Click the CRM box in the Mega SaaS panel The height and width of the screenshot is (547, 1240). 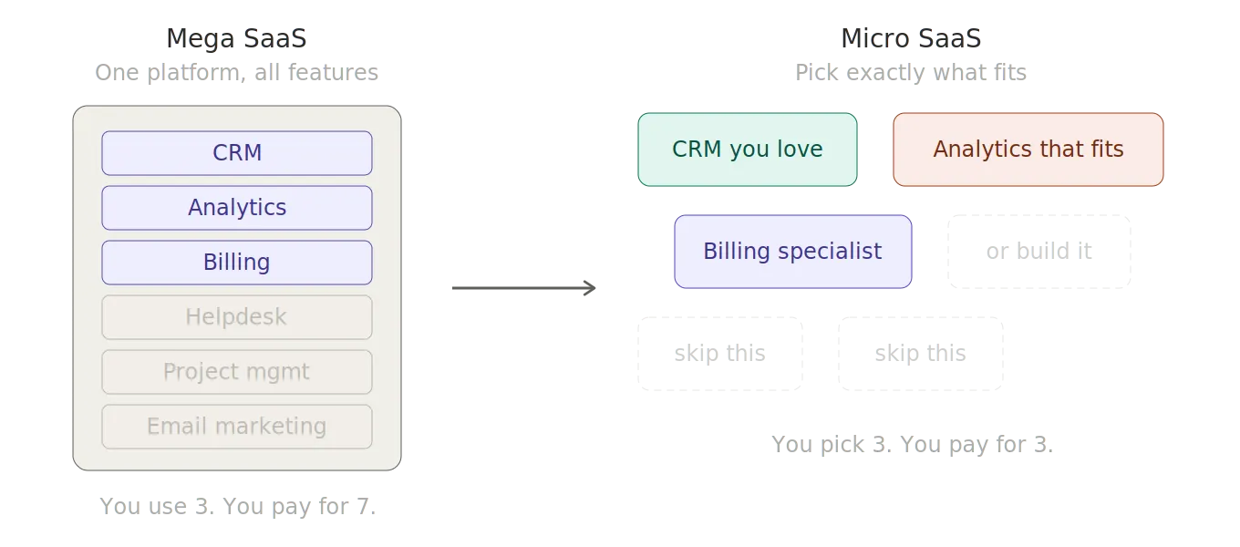[237, 153]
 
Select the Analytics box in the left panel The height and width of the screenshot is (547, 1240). [237, 208]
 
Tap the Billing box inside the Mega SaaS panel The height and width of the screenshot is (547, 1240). [237, 263]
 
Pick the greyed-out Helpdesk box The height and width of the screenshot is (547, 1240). [237, 317]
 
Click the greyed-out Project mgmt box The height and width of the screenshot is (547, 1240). [237, 372]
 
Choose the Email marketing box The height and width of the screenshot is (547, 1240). [237, 427]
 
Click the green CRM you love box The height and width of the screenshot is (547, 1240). [748, 150]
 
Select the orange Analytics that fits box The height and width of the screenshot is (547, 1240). [1028, 150]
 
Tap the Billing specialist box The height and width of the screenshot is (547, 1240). [792, 252]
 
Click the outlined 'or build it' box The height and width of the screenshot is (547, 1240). [1040, 252]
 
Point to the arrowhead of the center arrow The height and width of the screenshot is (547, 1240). [587, 288]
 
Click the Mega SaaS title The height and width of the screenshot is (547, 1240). [237, 38]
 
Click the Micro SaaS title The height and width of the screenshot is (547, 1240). [912, 38]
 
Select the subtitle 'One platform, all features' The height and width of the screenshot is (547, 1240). [237, 71]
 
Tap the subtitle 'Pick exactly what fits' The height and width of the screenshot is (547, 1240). [912, 71]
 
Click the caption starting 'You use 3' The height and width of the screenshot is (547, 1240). [237, 507]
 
